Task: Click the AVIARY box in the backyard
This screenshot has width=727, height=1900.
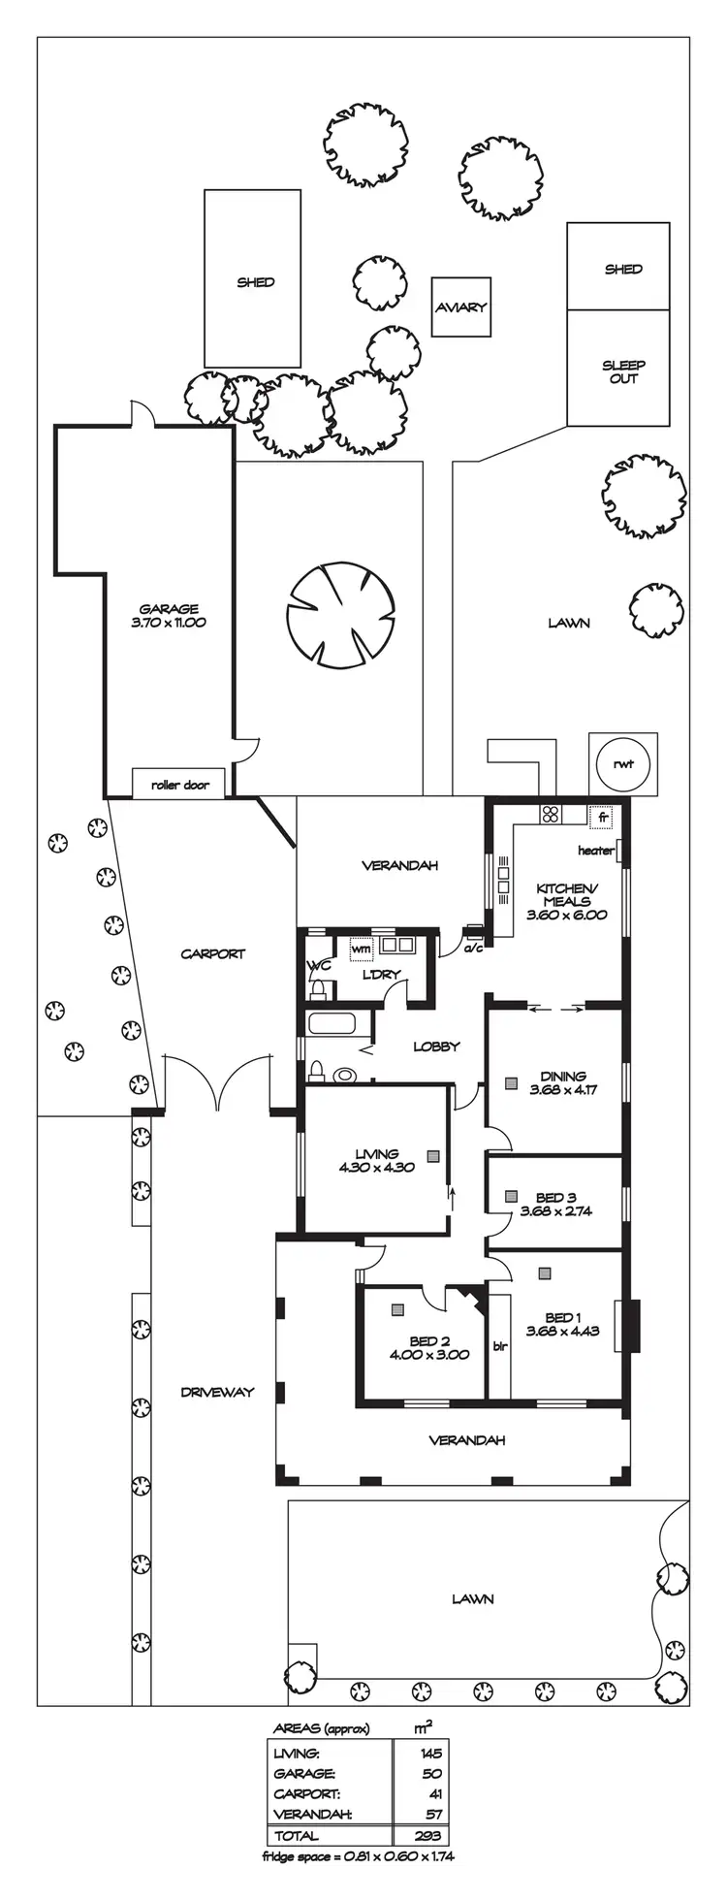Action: click(x=460, y=307)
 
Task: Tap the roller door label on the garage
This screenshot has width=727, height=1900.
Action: click(x=180, y=784)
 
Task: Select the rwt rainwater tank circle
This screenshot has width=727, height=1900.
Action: click(x=622, y=764)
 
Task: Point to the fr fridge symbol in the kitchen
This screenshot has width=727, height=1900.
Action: click(x=601, y=817)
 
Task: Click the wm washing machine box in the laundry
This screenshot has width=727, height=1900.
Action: click(x=362, y=948)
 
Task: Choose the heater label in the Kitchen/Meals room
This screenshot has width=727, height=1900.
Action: click(x=596, y=851)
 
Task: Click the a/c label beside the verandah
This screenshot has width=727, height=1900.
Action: click(x=473, y=948)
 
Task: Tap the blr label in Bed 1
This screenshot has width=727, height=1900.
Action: click(x=500, y=1346)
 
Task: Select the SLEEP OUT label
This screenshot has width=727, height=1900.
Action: click(x=623, y=371)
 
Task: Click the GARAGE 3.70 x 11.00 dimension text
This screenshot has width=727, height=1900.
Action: click(x=169, y=616)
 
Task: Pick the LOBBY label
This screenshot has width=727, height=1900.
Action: click(x=435, y=1047)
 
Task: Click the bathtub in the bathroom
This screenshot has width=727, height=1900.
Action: click(x=338, y=1024)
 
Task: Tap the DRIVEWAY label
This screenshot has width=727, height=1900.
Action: click(x=217, y=1392)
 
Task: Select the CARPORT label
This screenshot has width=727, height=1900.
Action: click(x=213, y=953)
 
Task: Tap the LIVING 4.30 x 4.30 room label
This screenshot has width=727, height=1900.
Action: click(x=376, y=1160)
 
